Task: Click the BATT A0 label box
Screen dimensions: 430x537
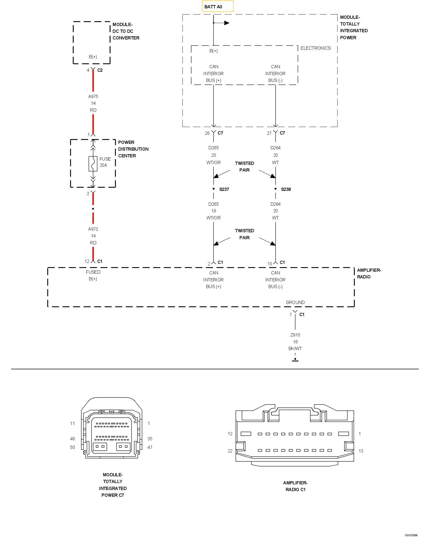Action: point(218,6)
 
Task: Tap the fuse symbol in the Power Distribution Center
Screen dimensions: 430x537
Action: point(93,164)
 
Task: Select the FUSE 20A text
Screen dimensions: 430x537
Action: point(105,162)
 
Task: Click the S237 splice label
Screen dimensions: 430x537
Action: point(224,189)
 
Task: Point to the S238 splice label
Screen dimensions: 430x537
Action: point(286,189)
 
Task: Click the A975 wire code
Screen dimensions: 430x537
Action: point(93,96)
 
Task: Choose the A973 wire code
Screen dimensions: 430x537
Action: point(93,229)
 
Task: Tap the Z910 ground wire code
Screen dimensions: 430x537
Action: point(295,335)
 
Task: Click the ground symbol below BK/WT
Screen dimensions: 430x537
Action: point(295,360)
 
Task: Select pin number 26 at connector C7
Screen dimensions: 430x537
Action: point(207,133)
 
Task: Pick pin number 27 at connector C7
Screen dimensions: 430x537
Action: point(269,133)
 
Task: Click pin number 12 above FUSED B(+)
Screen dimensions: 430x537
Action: point(87,261)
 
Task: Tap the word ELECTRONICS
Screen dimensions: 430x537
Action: point(316,48)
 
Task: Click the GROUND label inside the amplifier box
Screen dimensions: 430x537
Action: point(295,302)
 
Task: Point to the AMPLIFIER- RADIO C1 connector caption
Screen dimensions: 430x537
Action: point(295,486)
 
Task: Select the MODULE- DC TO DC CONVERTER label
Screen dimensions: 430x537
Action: point(126,31)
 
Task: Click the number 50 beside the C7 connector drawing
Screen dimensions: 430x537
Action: point(73,447)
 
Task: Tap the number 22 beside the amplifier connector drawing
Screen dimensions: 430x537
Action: point(230,451)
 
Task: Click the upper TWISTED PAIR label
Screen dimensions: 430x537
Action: point(245,166)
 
